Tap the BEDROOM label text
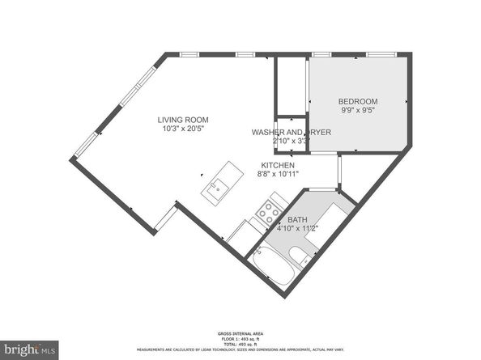(x=359, y=101)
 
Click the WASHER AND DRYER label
(x=279, y=132)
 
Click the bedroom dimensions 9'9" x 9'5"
(x=359, y=111)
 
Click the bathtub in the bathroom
(x=272, y=266)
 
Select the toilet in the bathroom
(x=300, y=256)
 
